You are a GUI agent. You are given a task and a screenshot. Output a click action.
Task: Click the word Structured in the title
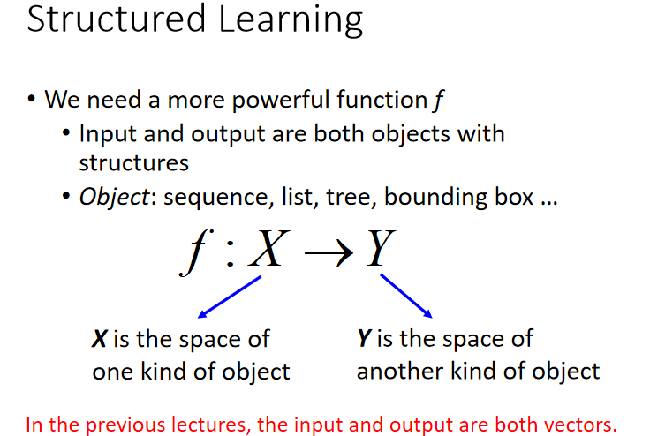click(116, 19)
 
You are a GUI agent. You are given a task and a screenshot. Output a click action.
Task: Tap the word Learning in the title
click(291, 20)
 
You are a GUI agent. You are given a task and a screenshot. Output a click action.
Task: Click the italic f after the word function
click(439, 100)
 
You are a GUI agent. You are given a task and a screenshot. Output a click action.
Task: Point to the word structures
click(134, 162)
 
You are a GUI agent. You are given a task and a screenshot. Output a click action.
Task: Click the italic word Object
click(114, 197)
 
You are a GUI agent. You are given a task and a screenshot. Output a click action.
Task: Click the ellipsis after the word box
click(549, 203)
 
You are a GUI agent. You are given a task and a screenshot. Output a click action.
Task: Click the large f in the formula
click(196, 252)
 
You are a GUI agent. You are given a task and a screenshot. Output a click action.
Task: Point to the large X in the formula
click(268, 249)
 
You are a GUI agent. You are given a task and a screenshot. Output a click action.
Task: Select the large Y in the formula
click(382, 248)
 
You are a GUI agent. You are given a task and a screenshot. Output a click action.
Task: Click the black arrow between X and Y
click(329, 252)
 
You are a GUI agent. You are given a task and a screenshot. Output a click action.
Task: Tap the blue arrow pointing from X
click(230, 297)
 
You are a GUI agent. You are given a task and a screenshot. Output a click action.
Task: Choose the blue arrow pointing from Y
click(406, 296)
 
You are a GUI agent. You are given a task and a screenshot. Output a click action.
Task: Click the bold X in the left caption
click(100, 339)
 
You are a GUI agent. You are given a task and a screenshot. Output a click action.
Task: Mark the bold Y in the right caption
click(365, 338)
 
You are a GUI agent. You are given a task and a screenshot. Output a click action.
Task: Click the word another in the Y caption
click(400, 371)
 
